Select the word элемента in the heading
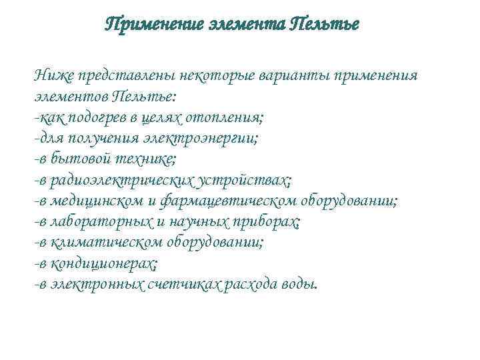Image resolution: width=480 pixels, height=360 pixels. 245,25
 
